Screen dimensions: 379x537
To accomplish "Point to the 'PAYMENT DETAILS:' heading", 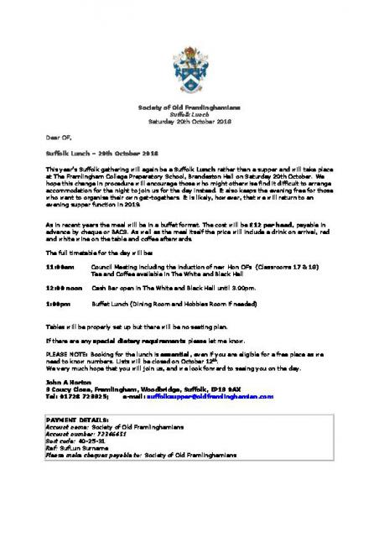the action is point(76,418).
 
